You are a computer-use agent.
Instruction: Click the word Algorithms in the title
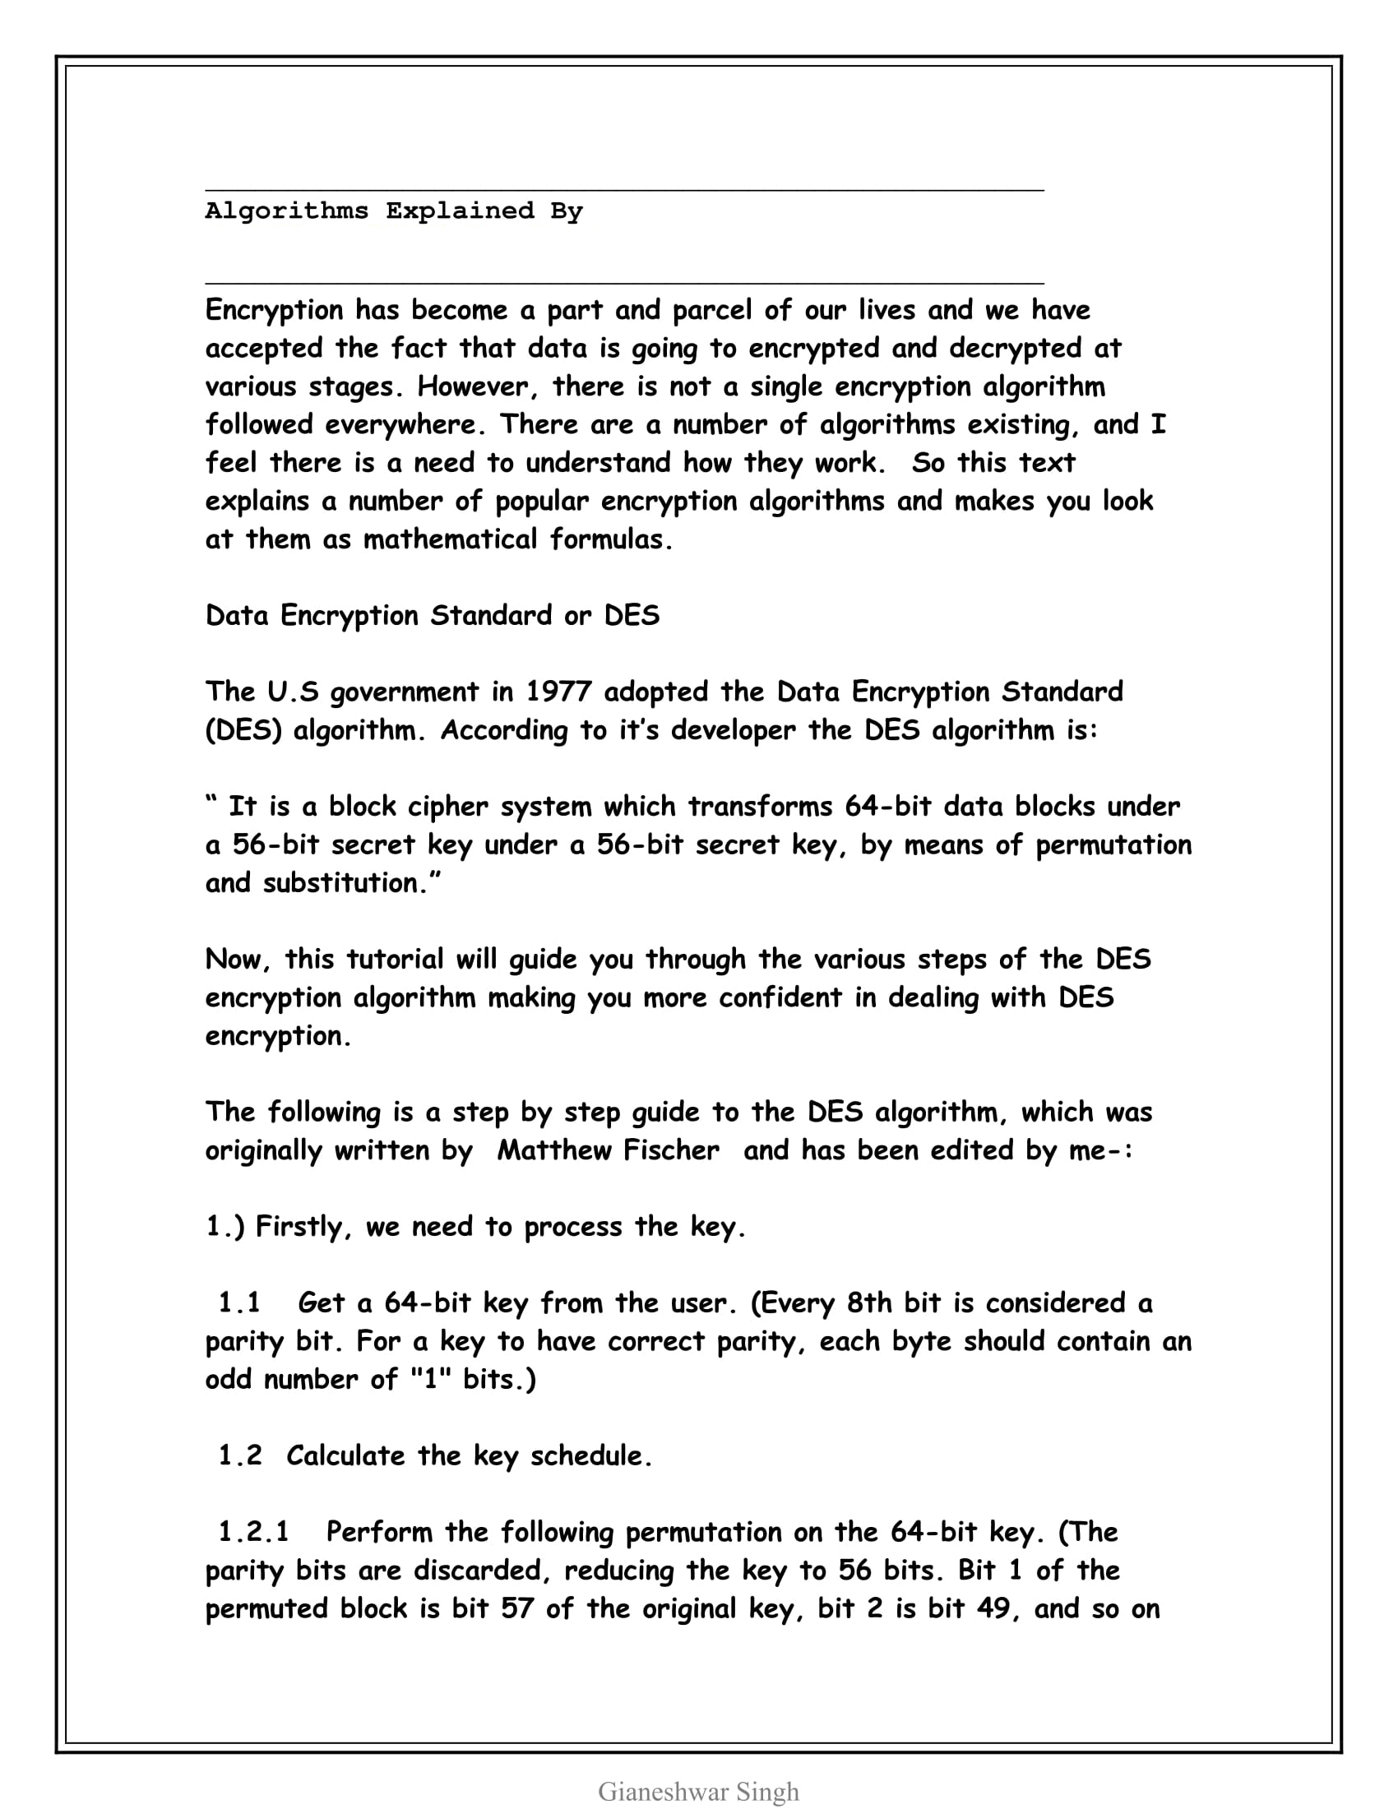coord(286,211)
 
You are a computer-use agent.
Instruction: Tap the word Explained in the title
coord(460,211)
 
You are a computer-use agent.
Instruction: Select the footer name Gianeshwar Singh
coord(698,1791)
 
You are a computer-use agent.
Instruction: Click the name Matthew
coord(554,1150)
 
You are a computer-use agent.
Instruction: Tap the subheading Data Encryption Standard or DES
coord(433,615)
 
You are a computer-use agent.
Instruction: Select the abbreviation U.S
coord(293,692)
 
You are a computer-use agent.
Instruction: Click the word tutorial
coord(395,959)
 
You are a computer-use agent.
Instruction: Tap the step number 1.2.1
coord(253,1532)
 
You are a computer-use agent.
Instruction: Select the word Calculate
coord(345,1455)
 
